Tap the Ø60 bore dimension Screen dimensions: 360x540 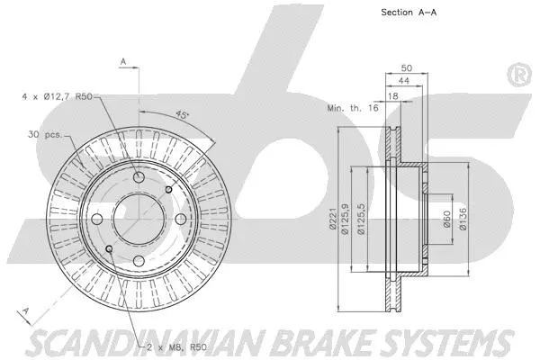coord(446,219)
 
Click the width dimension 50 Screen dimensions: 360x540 coord(406,67)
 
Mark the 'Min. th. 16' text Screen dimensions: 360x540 coord(352,107)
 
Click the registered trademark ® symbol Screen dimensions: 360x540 coord(519,73)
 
